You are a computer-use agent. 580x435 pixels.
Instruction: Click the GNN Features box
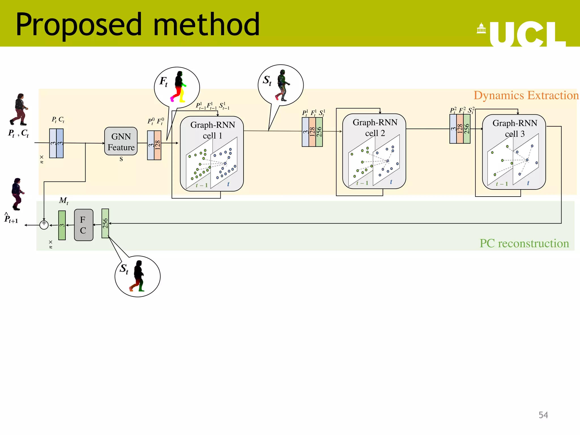tap(121, 141)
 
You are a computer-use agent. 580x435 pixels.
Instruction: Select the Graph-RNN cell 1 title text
tap(212, 130)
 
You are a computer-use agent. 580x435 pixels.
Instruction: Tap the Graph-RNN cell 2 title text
tap(375, 127)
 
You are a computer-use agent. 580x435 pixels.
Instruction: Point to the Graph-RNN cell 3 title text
tap(515, 128)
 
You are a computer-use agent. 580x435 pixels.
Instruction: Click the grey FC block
tap(84, 225)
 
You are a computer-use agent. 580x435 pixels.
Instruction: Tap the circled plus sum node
tap(44, 225)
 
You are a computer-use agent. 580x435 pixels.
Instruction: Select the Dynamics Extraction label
tap(526, 95)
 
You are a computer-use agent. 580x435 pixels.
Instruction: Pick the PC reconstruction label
tap(524, 243)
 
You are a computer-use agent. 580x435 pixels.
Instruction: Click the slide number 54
tap(543, 415)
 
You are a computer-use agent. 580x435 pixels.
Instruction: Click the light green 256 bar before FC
tap(105, 223)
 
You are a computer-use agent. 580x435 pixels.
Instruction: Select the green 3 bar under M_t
tap(62, 225)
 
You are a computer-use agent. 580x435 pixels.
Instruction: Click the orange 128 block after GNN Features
tap(158, 145)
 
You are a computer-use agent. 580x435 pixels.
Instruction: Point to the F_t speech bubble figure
tap(177, 88)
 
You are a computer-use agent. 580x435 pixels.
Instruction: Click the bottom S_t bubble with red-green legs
tap(137, 276)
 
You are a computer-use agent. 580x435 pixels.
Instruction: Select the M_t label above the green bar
tap(63, 201)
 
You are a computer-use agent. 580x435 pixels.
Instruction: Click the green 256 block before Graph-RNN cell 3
tap(467, 129)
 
